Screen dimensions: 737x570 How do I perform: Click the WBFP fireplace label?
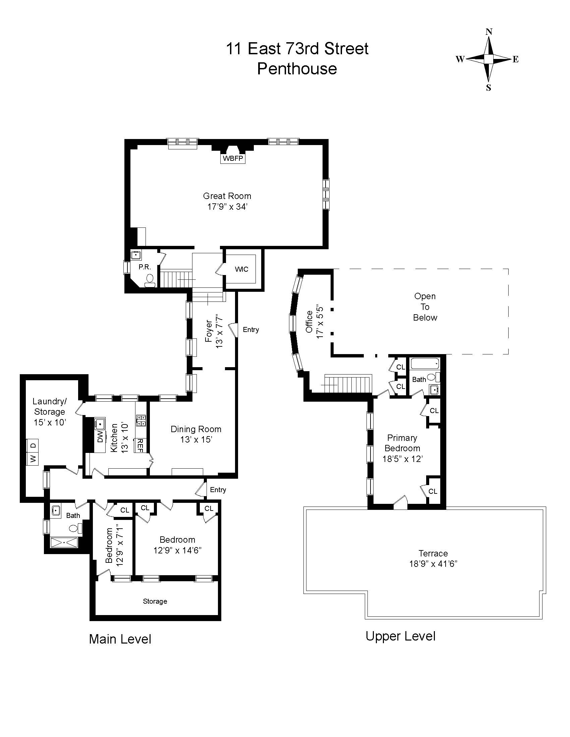(x=233, y=158)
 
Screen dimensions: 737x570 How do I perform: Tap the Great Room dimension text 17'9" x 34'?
(x=228, y=207)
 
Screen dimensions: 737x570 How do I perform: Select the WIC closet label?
(x=241, y=269)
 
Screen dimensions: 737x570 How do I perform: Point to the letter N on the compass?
(x=489, y=32)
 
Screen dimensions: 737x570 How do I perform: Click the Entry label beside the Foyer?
(x=250, y=330)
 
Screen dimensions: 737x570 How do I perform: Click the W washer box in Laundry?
(x=33, y=459)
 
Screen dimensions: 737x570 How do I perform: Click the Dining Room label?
(x=196, y=429)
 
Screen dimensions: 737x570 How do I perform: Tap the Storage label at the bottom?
(x=155, y=601)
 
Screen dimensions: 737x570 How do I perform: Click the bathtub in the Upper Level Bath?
(x=425, y=364)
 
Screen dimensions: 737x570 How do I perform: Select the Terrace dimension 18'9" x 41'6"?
(x=433, y=563)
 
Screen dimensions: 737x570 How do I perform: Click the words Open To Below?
(x=425, y=307)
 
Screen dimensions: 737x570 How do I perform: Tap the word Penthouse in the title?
(x=297, y=69)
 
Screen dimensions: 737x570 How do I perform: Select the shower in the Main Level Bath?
(x=64, y=542)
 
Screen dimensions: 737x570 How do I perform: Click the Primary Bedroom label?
(x=402, y=443)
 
